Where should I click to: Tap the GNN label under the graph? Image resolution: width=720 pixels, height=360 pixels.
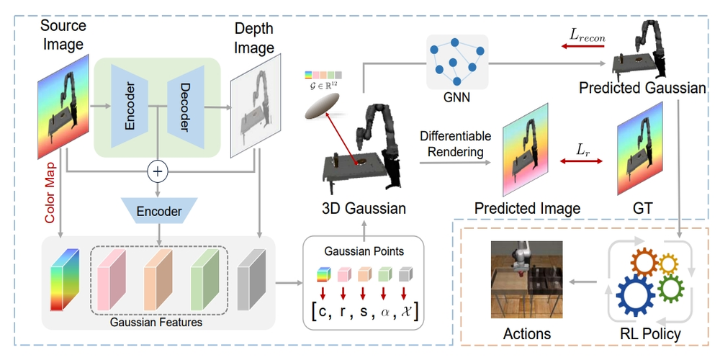click(x=458, y=96)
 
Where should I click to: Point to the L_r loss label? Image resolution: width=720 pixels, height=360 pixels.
click(x=582, y=150)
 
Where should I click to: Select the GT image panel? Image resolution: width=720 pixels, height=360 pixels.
click(x=638, y=148)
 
